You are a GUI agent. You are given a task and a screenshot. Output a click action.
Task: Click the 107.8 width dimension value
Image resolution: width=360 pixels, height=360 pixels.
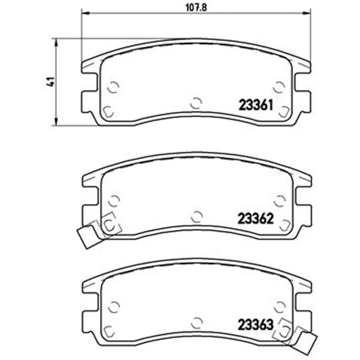point(196,8)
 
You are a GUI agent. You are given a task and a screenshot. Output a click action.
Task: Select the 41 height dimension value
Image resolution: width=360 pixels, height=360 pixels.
point(51,82)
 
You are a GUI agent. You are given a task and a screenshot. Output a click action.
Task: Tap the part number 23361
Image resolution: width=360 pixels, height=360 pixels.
point(256,105)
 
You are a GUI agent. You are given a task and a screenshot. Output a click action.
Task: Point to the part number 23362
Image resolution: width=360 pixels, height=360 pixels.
point(256,219)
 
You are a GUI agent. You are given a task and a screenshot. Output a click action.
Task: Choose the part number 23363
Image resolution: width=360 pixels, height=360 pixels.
point(256,324)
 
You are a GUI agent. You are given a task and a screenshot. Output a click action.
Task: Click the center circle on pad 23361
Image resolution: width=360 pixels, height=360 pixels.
point(196,103)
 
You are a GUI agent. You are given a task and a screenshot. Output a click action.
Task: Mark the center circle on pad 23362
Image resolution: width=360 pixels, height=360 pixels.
point(197,216)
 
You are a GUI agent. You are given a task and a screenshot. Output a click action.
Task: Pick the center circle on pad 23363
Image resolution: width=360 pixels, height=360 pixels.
point(197,323)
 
